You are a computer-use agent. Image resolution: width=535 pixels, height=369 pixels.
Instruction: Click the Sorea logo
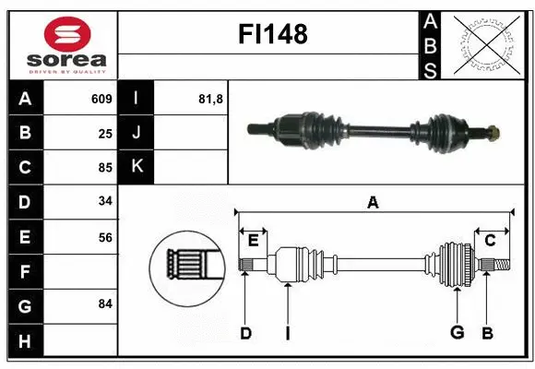(61, 43)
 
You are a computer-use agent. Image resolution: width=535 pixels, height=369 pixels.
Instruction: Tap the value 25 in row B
(104, 133)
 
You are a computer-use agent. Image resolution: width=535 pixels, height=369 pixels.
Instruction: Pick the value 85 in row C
(104, 168)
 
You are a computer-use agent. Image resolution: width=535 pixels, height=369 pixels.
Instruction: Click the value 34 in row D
(104, 202)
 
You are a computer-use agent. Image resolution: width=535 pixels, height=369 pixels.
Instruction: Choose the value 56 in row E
(104, 237)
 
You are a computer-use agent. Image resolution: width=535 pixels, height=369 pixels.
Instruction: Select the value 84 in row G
(104, 304)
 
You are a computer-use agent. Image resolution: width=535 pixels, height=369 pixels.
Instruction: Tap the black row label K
(137, 167)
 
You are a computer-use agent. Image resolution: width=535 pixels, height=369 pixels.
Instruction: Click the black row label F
(25, 271)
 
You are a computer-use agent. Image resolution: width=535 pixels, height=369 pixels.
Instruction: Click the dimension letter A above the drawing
(373, 202)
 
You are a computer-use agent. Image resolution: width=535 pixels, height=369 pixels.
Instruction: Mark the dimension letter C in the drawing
(490, 240)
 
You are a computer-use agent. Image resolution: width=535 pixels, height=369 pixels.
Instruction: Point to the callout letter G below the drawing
(456, 332)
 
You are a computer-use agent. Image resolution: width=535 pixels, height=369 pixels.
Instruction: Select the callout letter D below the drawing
(245, 332)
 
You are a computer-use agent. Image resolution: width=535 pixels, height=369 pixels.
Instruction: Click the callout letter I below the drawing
(287, 332)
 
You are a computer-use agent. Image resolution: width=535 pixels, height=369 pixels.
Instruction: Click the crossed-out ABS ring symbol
(487, 44)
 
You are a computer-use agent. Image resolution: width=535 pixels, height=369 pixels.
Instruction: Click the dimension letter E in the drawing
(253, 240)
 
